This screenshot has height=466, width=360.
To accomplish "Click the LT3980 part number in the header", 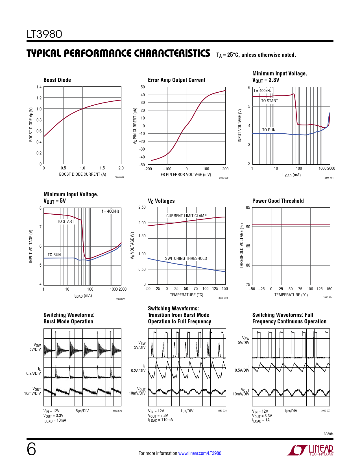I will (44, 34).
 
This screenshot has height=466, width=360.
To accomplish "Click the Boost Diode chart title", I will (57, 80).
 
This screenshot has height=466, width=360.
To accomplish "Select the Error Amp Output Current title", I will (176, 80).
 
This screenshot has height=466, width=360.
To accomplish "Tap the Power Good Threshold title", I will (278, 201).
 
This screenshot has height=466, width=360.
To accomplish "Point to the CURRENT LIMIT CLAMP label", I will (186, 216).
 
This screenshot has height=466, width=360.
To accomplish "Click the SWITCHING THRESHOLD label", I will (186, 258).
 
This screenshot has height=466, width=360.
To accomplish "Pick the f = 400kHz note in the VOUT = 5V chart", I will (110, 211).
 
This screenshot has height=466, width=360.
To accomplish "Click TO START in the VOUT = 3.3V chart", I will (269, 101).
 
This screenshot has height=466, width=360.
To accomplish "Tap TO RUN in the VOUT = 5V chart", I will (54, 255).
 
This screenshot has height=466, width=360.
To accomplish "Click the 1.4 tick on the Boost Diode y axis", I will (39, 87).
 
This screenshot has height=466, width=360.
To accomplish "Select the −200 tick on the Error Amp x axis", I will (148, 169).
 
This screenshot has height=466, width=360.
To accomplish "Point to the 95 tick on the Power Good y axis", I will (248, 208).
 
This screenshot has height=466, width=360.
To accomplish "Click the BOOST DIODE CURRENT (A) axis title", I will (82, 174).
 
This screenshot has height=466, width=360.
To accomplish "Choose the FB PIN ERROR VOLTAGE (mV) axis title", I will (186, 175).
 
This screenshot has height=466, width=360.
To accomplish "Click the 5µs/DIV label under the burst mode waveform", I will (82, 411).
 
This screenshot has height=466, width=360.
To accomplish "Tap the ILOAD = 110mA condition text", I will (160, 420).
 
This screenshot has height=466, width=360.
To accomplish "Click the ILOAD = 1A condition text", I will (261, 420).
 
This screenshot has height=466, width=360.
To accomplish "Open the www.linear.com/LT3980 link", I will (200, 453).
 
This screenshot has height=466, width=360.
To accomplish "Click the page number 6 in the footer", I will (31, 449).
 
